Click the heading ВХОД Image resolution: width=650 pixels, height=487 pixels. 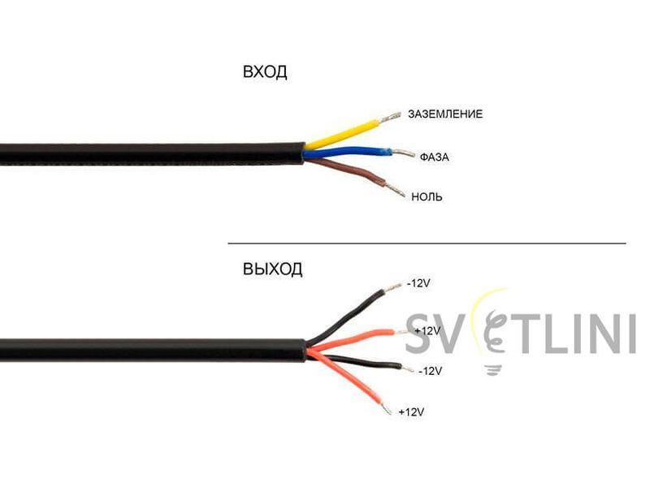265,72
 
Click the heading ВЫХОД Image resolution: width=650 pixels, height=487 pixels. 272,269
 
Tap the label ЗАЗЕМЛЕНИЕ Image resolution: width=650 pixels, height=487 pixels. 445,114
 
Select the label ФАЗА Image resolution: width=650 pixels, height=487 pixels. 434,157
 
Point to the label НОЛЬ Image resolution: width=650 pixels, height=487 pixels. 427,196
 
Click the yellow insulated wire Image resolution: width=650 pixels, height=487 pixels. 342,133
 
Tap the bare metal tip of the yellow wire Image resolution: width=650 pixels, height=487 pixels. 390,117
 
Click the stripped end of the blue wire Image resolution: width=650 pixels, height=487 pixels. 403,153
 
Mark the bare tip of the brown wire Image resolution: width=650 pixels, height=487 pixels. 395,190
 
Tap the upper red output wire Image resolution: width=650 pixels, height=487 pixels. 350,338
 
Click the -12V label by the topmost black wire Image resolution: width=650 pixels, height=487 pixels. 418,283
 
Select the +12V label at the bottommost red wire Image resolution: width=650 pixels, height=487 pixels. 411,412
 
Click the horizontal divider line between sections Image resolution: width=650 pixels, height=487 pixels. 427,243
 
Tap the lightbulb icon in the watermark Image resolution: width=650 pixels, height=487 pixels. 493,331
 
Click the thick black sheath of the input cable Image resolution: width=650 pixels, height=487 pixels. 152,154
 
